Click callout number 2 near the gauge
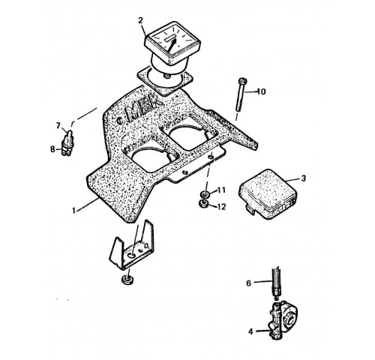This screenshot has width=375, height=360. point(140,20)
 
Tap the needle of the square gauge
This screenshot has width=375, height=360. point(171,46)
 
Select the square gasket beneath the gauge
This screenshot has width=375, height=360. point(165,80)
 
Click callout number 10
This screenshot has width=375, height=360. point(261,91)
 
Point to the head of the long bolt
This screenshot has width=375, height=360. point(242,81)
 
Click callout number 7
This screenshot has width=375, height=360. point(58,125)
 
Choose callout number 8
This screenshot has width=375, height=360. point(52,149)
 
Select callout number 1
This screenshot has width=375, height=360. point(73,211)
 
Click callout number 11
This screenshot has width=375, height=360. point(221,190)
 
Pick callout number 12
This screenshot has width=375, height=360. point(221,207)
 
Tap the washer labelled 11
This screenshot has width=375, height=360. point(205,193)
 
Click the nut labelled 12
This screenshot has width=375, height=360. point(204,203)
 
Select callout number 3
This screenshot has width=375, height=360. point(303,178)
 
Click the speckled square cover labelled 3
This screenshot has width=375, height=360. point(268,193)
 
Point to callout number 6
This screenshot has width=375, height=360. point(248,283)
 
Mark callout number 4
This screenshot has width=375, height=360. point(250,331)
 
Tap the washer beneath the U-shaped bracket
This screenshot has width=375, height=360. point(127,280)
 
